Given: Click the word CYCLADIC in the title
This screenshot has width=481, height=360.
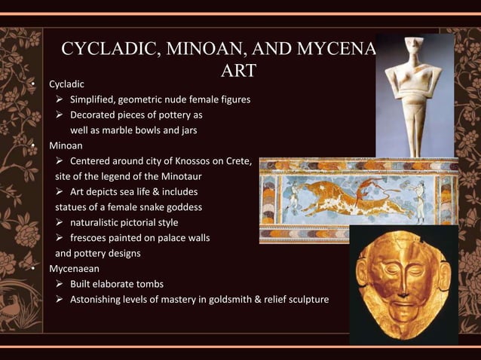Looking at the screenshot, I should pos(103,50).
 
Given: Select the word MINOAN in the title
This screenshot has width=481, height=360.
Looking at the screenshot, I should pos(199,50).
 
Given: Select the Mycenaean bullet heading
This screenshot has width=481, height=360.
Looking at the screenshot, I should pos(75,268).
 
